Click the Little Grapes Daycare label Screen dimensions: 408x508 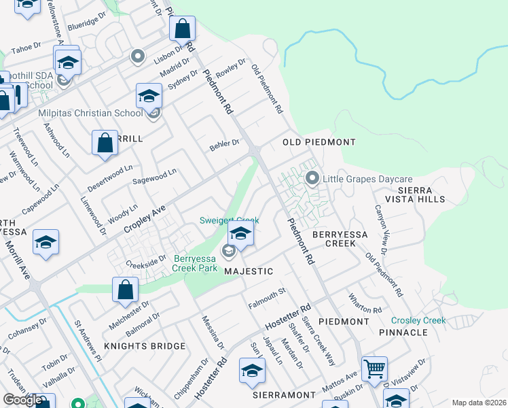point(367,180)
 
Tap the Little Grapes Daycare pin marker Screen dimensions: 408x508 point(312,179)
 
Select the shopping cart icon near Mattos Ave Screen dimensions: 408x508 point(374,369)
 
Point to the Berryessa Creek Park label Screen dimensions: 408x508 point(196,262)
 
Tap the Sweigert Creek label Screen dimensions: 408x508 point(229,220)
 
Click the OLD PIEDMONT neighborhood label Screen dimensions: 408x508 point(319,142)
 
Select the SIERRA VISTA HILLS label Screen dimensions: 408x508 point(414,194)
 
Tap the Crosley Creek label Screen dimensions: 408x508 point(418,320)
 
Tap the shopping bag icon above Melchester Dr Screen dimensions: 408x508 point(126,289)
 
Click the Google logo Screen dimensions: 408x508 point(23,400)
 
